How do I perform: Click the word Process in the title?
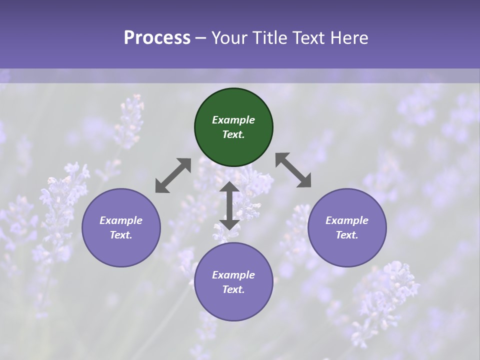[157, 38]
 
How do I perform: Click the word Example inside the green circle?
[233, 120]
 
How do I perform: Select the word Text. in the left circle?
[121, 235]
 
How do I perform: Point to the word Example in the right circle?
[347, 220]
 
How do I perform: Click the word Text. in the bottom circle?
[233, 289]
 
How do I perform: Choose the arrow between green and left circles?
[173, 175]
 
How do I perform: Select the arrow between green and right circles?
[293, 170]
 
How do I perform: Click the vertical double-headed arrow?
[229, 205]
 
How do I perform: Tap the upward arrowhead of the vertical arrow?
[229, 186]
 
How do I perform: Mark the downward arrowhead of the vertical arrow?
[229, 224]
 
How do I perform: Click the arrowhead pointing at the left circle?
[160, 187]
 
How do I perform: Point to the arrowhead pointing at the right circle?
[305, 182]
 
